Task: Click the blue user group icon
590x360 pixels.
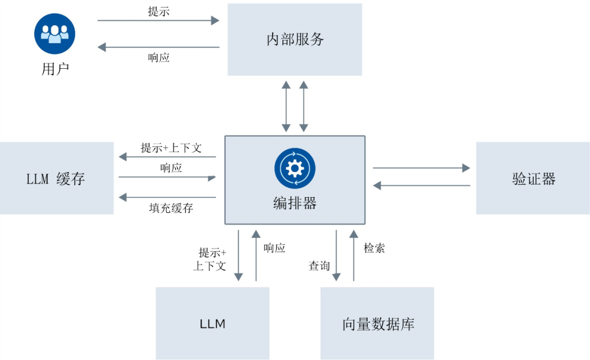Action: [x=55, y=34]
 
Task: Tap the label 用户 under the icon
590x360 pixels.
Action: [x=55, y=69]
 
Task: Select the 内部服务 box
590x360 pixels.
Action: [x=294, y=39]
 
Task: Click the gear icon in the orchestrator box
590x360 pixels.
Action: [x=294, y=168]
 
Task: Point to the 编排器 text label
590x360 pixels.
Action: [x=294, y=203]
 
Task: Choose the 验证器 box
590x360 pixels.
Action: [x=533, y=178]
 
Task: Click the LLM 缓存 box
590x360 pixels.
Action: [x=56, y=178]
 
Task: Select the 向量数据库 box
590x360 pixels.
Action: [x=377, y=323]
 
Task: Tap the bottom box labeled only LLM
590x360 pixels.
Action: [x=213, y=323]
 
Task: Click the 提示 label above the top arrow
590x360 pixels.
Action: [x=158, y=11]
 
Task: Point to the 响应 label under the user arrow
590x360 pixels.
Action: [x=158, y=57]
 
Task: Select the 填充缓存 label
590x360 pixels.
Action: [x=171, y=208]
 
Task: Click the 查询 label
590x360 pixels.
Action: [x=319, y=265]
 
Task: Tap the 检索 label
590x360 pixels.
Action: [x=374, y=248]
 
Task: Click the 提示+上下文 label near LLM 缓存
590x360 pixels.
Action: [x=171, y=148]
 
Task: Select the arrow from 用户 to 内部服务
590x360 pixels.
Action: [x=158, y=20]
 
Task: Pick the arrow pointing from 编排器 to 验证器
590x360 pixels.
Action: [x=421, y=168]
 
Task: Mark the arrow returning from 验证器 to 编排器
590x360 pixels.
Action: [x=421, y=185]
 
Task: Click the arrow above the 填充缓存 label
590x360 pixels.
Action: [x=168, y=197]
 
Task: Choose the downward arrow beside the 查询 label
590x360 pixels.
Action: [x=337, y=256]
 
